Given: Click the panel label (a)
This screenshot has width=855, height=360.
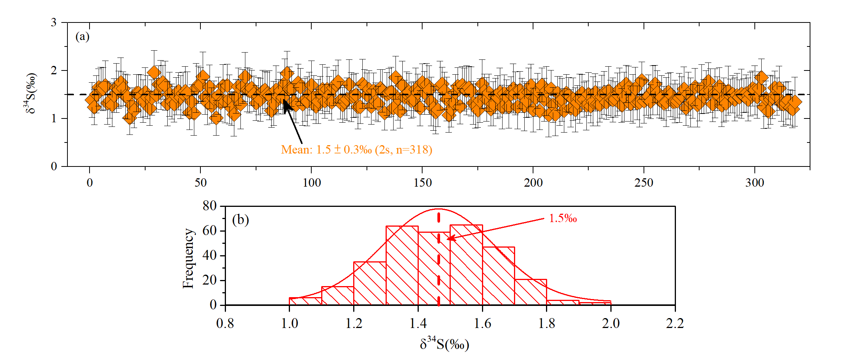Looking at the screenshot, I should pyautogui.click(x=82, y=37).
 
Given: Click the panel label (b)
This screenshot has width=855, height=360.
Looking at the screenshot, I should pyautogui.click(x=240, y=220).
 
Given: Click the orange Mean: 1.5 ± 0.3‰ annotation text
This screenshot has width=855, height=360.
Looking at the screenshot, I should pyautogui.click(x=356, y=150).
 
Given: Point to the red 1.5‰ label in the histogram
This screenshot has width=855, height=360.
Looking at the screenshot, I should pyautogui.click(x=562, y=219).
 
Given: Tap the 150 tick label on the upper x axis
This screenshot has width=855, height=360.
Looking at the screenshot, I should pyautogui.click(x=423, y=183).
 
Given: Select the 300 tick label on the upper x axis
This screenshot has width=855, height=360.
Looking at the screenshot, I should pyautogui.click(x=754, y=183).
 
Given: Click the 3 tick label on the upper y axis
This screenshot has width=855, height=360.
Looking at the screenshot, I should pyautogui.click(x=54, y=22).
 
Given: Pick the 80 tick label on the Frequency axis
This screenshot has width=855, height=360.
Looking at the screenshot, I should pyautogui.click(x=210, y=206).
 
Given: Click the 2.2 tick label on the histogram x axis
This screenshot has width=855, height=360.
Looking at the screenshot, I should pyautogui.click(x=675, y=323).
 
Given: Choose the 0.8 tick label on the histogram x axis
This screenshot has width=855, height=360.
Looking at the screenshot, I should pyautogui.click(x=225, y=323).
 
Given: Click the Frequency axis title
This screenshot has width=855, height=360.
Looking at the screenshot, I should pyautogui.click(x=188, y=258).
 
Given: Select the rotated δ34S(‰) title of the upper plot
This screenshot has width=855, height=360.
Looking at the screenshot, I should pyautogui.click(x=31, y=93).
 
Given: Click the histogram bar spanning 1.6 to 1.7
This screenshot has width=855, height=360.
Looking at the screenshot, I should pyautogui.click(x=498, y=276).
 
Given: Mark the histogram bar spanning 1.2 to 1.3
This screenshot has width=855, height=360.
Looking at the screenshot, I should pyautogui.click(x=370, y=284).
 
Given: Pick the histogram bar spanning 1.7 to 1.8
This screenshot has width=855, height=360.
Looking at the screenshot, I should pyautogui.click(x=530, y=292).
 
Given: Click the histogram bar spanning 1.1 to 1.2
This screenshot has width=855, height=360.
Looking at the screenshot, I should pyautogui.click(x=338, y=296).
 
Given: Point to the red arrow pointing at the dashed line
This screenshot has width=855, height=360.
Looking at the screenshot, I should pyautogui.click(x=495, y=229).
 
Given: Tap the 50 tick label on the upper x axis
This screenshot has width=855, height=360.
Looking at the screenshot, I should pyautogui.click(x=200, y=183).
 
